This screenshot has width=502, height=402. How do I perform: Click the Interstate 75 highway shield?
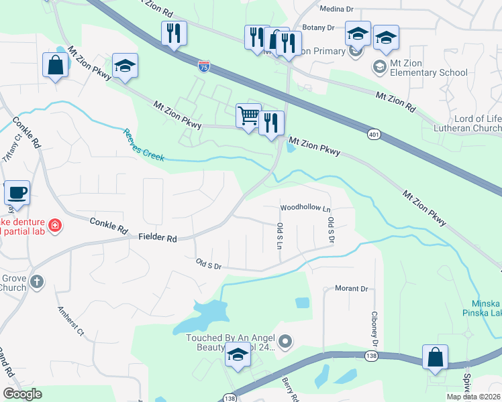tap(203, 66)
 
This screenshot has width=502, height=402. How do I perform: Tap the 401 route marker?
tap(373, 135)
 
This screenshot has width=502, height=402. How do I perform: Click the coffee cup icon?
tap(17, 193)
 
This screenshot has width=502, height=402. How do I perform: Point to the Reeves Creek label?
tap(143, 145)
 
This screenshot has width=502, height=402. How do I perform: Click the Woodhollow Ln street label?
tap(305, 208)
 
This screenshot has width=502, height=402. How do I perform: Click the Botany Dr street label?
tap(320, 27)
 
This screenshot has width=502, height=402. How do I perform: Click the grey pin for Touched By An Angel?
tap(285, 342)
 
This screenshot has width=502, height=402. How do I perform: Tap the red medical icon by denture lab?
tap(54, 226)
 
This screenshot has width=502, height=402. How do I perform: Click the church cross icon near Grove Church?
tap(38, 281)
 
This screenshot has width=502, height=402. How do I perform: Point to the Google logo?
tap(22, 393)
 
